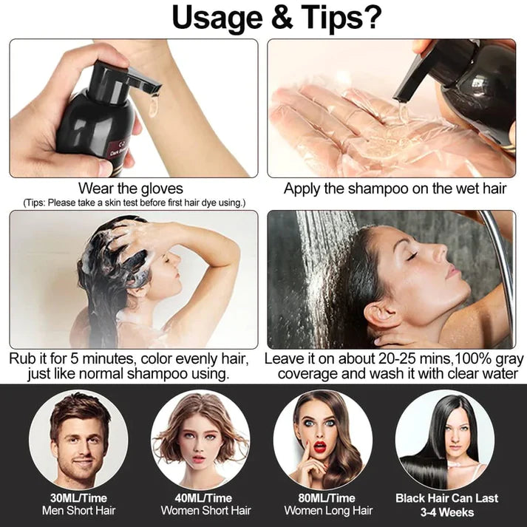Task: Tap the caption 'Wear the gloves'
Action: pos(130,188)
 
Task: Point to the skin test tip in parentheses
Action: pos(134,203)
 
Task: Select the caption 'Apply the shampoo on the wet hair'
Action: pos(395,188)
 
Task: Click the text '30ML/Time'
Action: pos(78,497)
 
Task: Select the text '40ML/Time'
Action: pos(201,497)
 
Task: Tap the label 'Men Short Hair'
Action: pos(78,510)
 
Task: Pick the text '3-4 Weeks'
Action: pos(446,511)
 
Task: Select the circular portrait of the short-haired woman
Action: pos(200,439)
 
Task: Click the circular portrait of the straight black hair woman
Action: pos(445,439)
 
